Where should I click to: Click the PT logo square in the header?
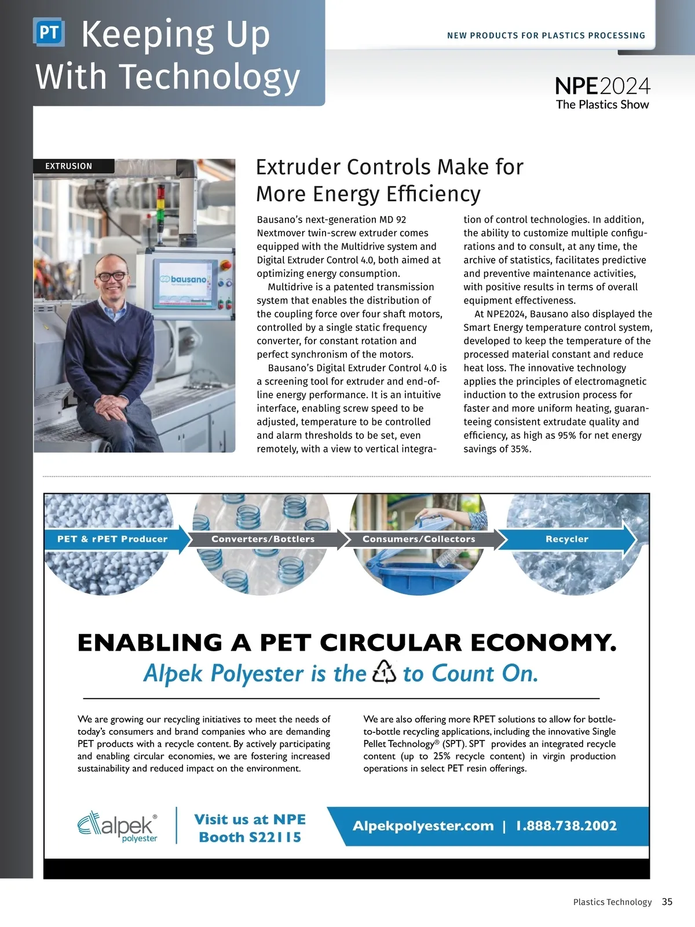(x=49, y=32)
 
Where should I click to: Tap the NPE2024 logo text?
(x=602, y=87)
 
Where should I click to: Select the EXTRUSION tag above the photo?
(x=69, y=166)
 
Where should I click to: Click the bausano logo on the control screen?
(x=185, y=280)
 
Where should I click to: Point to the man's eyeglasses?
(x=111, y=276)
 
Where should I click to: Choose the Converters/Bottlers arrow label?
(x=264, y=539)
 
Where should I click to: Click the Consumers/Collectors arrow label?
(x=419, y=539)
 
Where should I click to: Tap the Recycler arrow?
(x=567, y=539)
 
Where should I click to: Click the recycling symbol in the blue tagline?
(x=384, y=673)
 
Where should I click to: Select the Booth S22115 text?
(x=250, y=837)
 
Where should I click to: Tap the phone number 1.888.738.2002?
(x=566, y=826)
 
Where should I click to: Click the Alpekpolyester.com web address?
(x=423, y=826)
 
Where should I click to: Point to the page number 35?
(x=667, y=902)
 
